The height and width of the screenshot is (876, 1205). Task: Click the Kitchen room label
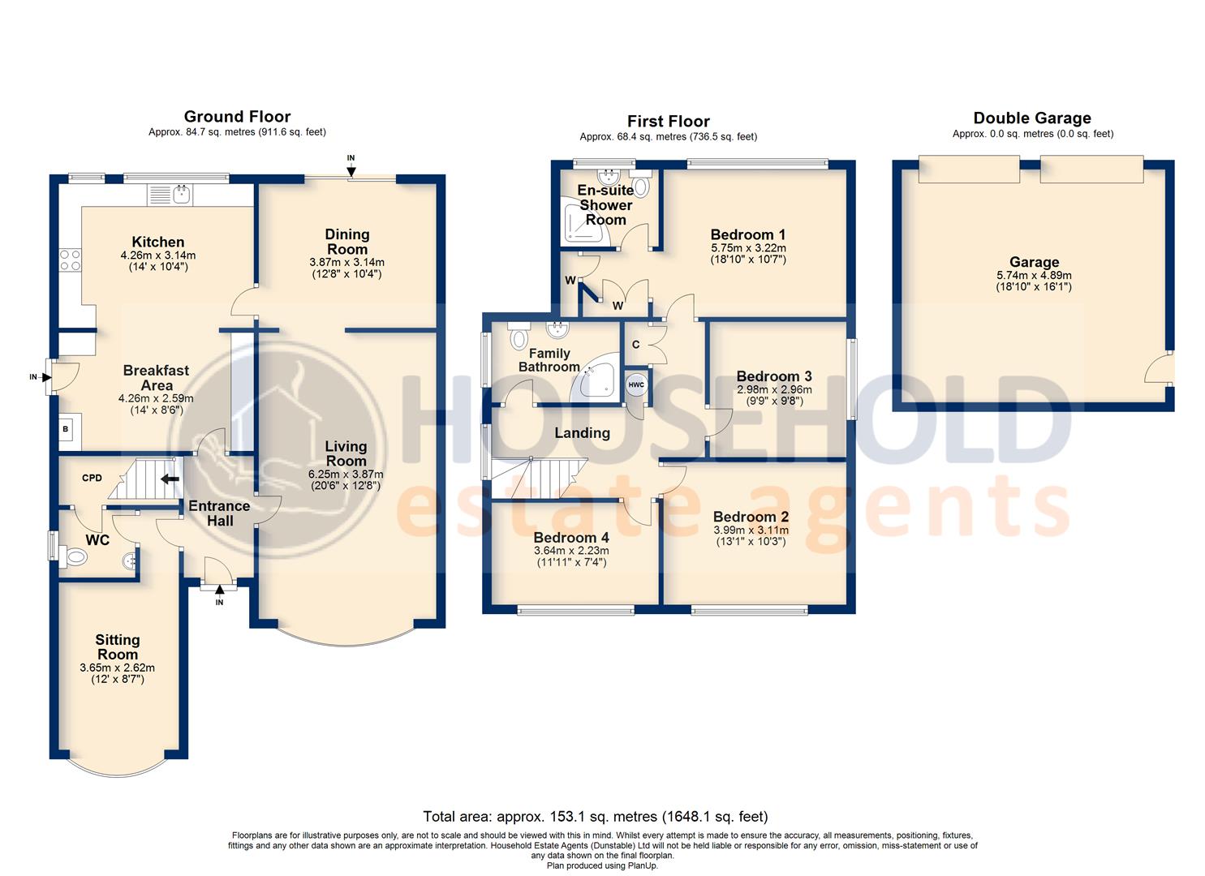coord(158,242)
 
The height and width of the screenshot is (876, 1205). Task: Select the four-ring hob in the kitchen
coord(70,260)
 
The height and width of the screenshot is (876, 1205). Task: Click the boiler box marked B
coord(66,429)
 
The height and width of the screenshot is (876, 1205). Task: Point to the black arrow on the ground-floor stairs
coord(170,479)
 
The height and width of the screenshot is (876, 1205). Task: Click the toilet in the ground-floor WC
coord(75,557)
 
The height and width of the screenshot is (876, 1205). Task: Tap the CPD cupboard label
coord(92,478)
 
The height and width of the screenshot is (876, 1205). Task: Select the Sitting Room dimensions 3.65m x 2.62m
coord(117,668)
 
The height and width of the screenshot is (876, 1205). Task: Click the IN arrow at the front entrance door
coord(219,591)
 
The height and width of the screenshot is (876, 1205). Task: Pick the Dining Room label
coord(346,242)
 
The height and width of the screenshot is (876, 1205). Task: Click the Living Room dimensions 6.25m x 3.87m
coord(346,474)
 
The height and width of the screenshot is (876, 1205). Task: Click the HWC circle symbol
coord(636,385)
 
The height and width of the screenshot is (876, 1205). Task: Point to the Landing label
coord(582,433)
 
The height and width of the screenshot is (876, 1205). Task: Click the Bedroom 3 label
coord(773,376)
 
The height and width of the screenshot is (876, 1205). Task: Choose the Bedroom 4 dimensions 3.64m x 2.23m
coord(571,551)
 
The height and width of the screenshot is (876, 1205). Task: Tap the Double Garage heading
coord(1032,118)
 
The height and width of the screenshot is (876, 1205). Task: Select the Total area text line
coord(595,817)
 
